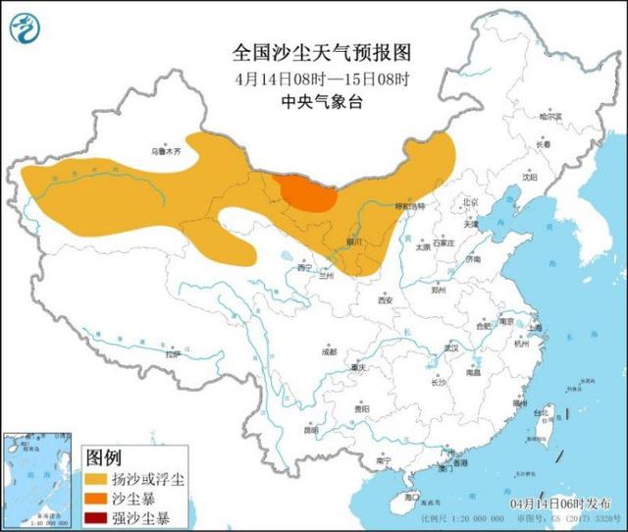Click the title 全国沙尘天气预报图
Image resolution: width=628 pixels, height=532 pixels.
coord(307,52)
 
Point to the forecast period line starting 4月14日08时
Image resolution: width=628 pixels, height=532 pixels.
coord(307,79)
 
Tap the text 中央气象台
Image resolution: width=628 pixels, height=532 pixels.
coord(307,102)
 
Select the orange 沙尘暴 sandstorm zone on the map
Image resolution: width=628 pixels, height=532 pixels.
coord(305,192)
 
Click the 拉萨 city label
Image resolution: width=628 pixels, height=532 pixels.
coord(173,354)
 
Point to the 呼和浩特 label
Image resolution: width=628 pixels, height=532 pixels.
coord(409,208)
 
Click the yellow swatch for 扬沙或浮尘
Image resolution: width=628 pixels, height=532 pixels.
coord(97,478)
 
